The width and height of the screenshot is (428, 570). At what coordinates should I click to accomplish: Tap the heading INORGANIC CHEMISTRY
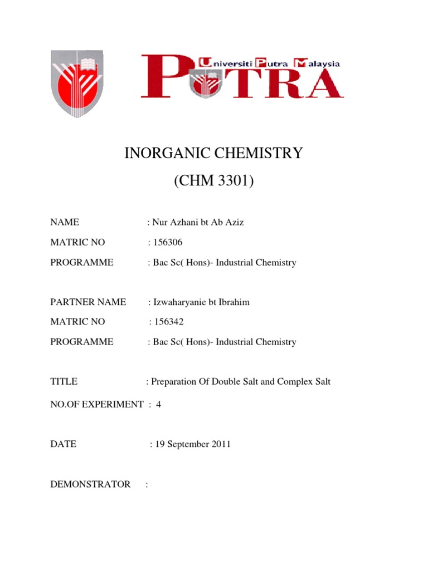point(213,153)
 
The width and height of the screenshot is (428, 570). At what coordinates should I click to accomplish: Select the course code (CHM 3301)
point(213,181)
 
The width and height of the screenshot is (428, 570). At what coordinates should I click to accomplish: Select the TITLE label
point(64,382)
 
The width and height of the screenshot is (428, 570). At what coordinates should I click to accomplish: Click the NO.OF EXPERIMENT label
point(97,405)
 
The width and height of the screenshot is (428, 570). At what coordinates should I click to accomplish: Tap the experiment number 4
point(158,405)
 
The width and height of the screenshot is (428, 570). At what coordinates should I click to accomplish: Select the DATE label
point(64,444)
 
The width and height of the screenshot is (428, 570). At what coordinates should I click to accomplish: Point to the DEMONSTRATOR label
point(90,484)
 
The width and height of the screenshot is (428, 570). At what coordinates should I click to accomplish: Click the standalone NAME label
point(65,223)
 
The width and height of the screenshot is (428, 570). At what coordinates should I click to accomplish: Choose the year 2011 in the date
point(221,444)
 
